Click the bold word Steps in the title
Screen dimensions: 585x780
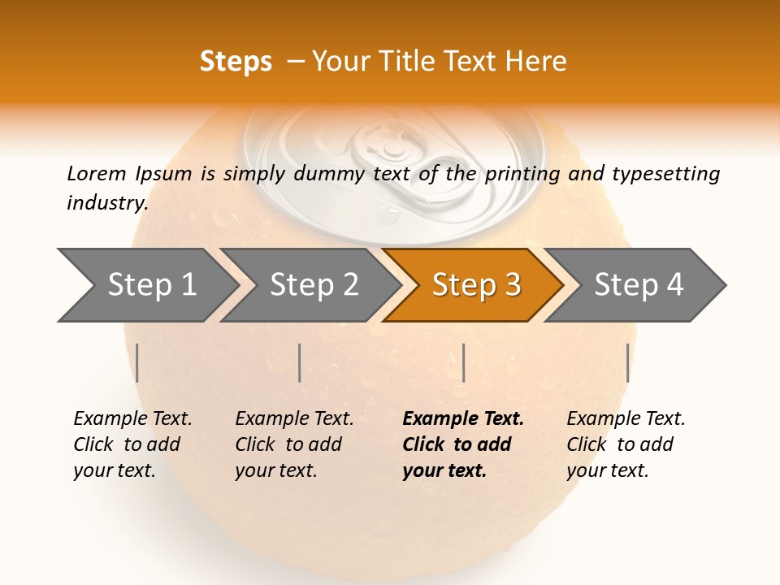point(236,62)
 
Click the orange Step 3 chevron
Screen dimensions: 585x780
point(475,285)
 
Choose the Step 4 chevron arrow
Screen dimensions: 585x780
point(639,285)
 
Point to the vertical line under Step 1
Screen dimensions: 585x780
point(137,362)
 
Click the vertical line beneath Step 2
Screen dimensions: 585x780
point(300,362)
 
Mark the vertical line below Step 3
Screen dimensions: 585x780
point(463,362)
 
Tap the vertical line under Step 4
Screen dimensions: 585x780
point(627,362)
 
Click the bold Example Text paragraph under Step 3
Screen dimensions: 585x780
point(462,444)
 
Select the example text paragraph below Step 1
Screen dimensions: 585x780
point(132,444)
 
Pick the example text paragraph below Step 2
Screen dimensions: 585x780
point(294,444)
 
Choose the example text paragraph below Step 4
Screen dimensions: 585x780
point(626,444)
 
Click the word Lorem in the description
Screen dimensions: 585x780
point(96,174)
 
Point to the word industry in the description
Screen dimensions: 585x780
point(106,203)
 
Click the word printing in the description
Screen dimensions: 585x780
point(520,174)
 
